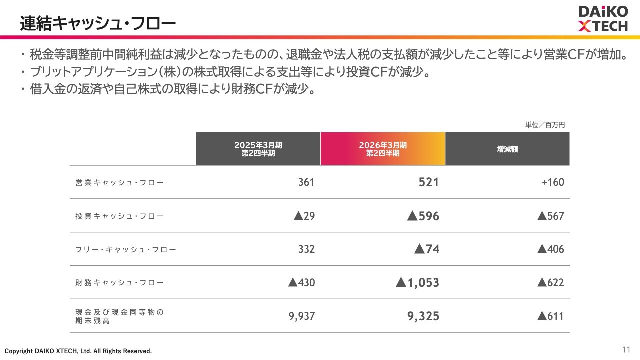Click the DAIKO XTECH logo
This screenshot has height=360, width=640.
(603, 19)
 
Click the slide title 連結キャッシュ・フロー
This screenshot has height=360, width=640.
(98, 23)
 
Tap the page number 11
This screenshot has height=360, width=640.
(626, 349)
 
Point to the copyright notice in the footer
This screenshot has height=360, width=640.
(78, 351)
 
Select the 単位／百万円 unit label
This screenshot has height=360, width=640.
(545, 125)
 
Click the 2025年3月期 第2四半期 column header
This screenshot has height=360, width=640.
(258, 149)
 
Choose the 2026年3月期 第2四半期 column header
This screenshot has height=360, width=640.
(383, 149)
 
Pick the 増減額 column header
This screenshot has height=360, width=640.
(507, 149)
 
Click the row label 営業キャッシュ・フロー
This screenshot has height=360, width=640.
(119, 183)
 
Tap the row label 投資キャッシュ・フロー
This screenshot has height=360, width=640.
(119, 216)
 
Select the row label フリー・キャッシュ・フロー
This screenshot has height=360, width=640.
(126, 249)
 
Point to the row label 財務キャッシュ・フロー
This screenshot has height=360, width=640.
(119, 283)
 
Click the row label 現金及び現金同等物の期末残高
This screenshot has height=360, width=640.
(119, 316)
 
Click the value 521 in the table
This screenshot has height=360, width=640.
(429, 182)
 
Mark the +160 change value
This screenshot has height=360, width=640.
(553, 182)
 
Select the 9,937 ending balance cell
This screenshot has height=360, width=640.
(302, 316)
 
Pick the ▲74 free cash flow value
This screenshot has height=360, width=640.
(427, 249)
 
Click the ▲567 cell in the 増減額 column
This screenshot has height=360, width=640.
(550, 216)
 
